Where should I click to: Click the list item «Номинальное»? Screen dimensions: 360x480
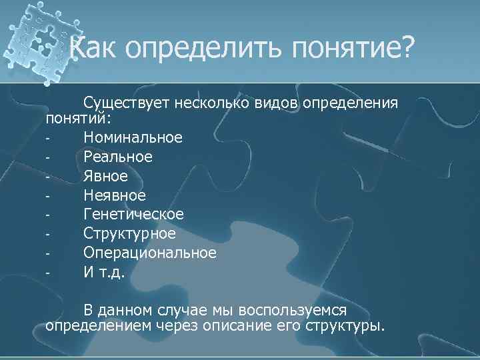pos(133,137)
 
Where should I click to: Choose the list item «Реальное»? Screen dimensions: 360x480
pos(118,157)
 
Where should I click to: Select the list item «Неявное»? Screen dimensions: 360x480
pos(114,195)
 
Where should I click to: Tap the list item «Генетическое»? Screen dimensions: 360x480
pos(134,215)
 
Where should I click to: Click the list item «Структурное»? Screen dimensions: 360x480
pos(129,234)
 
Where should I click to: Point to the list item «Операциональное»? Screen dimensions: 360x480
pos(150,253)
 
